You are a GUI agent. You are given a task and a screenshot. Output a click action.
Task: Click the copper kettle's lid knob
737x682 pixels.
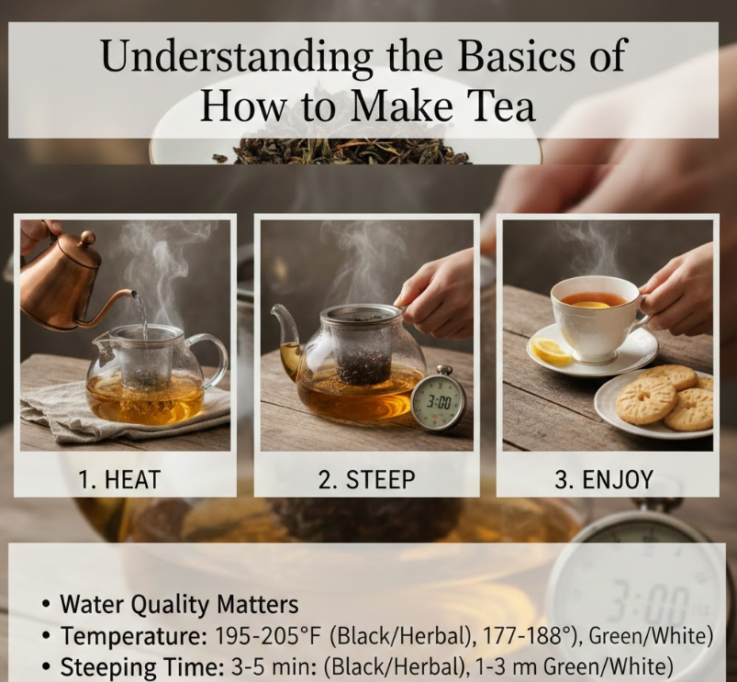pos(86,239)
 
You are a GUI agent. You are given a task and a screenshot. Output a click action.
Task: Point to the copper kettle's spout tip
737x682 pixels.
pos(136,294)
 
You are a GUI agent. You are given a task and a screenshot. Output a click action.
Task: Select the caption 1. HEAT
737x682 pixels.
pos(119,479)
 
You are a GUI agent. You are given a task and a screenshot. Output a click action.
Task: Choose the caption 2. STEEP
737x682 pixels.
pos(366,479)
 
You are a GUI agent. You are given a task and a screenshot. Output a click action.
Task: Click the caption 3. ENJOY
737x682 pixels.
pos(604,479)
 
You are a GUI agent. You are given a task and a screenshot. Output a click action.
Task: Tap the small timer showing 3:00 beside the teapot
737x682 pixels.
pos(439,399)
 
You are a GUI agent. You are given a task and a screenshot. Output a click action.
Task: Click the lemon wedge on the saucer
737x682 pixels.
pos(550,351)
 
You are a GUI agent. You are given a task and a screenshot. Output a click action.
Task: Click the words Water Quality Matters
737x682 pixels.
pos(179,605)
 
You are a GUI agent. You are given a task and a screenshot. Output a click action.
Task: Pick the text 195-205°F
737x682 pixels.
pos(267,636)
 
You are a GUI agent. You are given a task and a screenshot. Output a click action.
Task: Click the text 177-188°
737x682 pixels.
pos(528,636)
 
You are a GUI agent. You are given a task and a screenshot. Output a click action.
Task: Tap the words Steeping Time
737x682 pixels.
pos(142,667)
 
